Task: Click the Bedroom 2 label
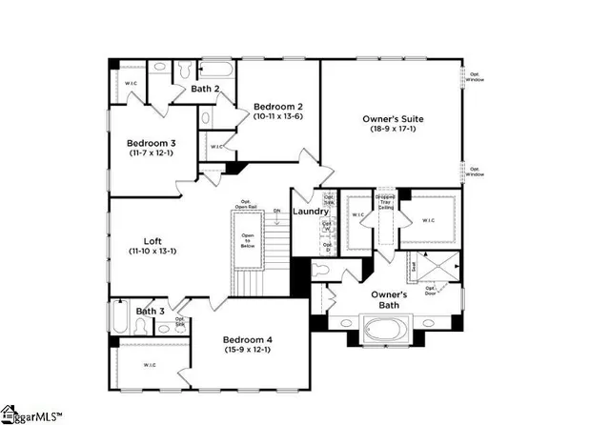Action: pyautogui.click(x=278, y=106)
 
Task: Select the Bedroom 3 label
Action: pyautogui.click(x=150, y=142)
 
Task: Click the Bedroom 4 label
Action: pyautogui.click(x=248, y=340)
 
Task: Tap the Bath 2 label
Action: pyautogui.click(x=206, y=89)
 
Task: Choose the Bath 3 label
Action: pyautogui.click(x=150, y=311)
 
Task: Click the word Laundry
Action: pyautogui.click(x=311, y=212)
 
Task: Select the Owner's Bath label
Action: pyautogui.click(x=389, y=300)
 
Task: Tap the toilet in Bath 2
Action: pyautogui.click(x=185, y=71)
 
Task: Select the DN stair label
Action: pyautogui.click(x=277, y=212)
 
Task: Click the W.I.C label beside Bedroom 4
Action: pyautogui.click(x=150, y=365)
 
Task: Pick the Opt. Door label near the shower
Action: pyautogui.click(x=430, y=290)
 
